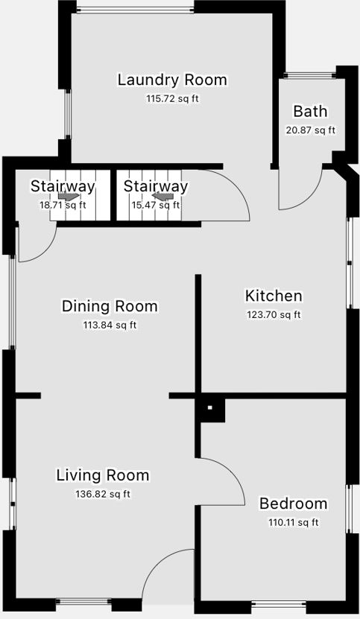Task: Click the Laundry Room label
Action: (172, 80)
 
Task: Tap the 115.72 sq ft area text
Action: (172, 98)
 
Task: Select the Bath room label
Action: (310, 111)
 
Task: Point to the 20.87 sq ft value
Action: (310, 130)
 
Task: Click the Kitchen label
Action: (274, 296)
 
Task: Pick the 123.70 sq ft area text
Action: (274, 314)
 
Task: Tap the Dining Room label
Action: (110, 306)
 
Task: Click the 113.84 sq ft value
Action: (110, 326)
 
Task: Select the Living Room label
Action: (103, 475)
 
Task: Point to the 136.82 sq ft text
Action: (103, 494)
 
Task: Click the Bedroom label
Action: (293, 504)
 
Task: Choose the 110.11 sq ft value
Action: (293, 522)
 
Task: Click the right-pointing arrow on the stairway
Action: (68, 196)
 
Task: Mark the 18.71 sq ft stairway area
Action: (63, 206)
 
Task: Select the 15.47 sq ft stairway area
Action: (155, 206)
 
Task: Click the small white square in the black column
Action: (210, 407)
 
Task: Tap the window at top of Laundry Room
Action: (135, 9)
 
